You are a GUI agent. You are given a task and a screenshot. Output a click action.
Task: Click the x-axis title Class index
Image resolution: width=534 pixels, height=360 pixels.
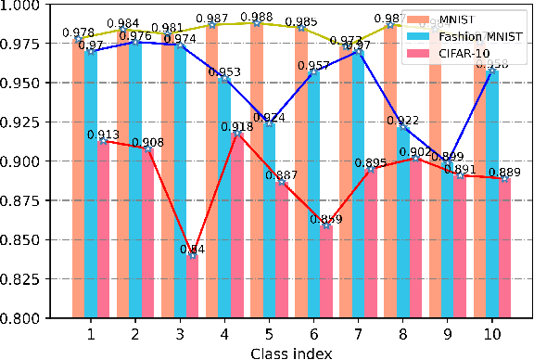(290, 351)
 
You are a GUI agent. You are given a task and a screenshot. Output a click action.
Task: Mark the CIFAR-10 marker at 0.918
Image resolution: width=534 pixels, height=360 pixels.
(237, 134)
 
